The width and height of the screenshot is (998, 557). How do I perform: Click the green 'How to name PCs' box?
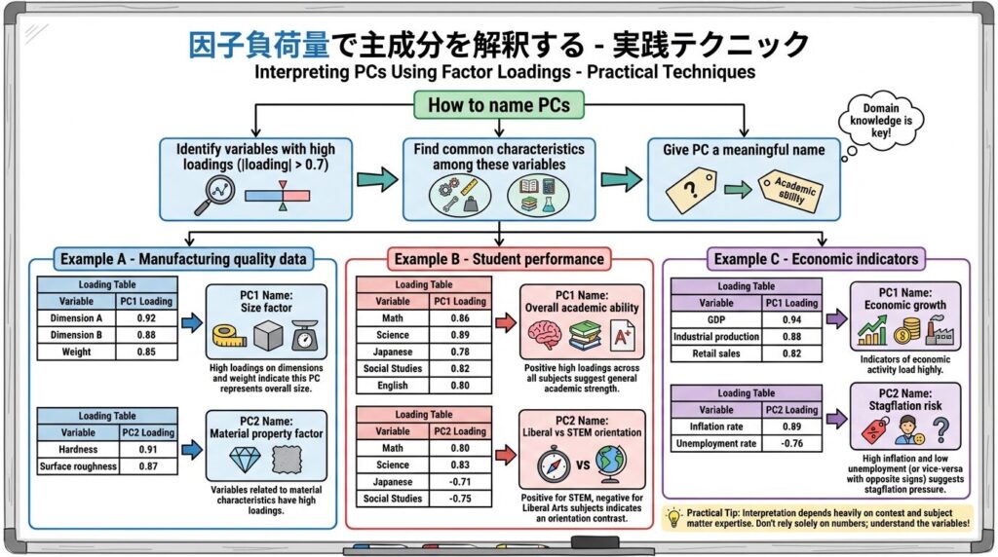(x=498, y=104)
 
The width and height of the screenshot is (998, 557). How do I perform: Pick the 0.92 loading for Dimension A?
(x=145, y=316)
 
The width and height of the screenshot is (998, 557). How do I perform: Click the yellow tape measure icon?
(x=231, y=340)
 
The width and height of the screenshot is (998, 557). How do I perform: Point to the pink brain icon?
(x=544, y=337)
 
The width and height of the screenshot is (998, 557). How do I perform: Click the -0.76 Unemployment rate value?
(x=791, y=444)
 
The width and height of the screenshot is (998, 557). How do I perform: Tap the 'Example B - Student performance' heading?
(x=499, y=259)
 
